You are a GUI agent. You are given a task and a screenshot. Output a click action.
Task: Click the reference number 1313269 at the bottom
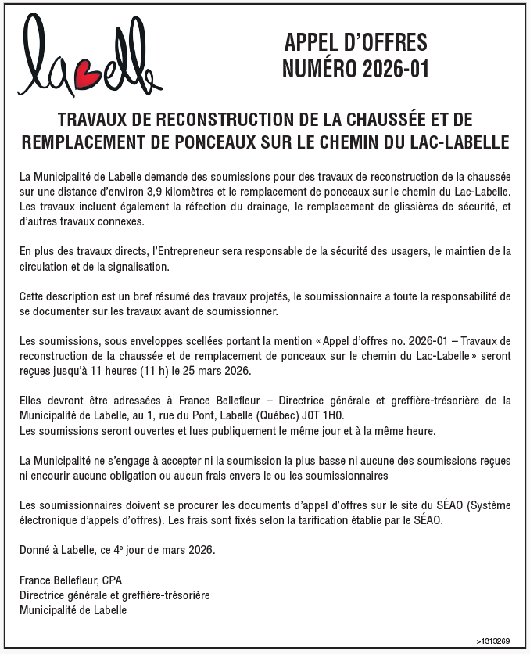tap(495, 640)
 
